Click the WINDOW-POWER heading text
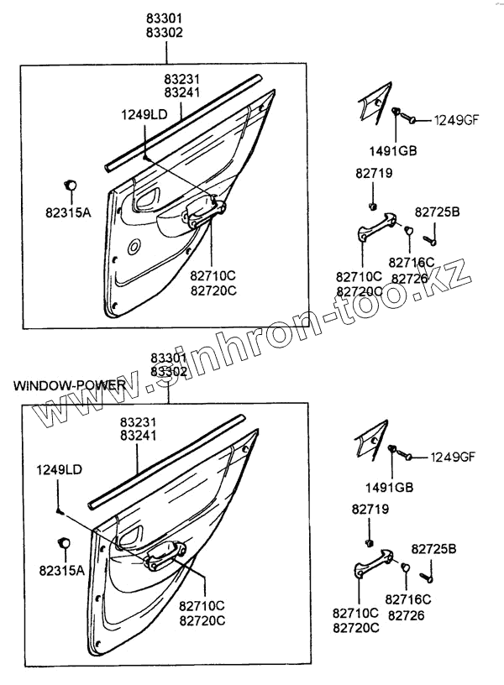click(69, 385)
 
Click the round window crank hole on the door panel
click(134, 247)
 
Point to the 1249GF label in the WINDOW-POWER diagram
click(453, 458)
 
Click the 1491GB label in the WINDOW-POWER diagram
click(391, 487)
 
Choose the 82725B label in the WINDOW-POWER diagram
click(435, 548)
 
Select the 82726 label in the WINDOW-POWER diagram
click(407, 614)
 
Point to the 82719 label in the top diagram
click(375, 174)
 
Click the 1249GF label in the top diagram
click(454, 121)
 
